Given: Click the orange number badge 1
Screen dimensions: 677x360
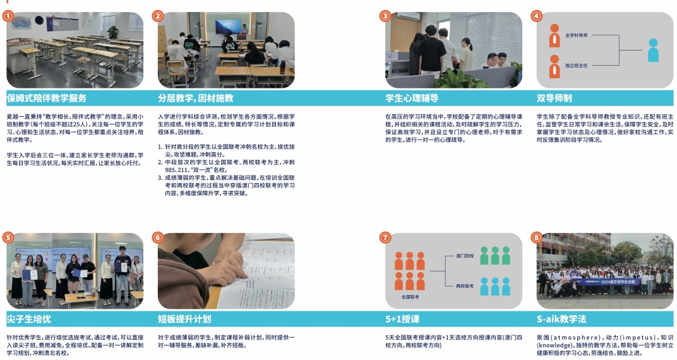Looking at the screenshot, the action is [x=8, y=16].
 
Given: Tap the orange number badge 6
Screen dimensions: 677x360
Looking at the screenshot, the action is [x=158, y=237].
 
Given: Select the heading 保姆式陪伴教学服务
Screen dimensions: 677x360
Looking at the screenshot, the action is [x=46, y=98].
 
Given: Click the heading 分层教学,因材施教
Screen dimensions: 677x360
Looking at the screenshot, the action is [x=196, y=98].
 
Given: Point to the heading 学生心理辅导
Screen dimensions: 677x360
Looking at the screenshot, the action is [x=412, y=98].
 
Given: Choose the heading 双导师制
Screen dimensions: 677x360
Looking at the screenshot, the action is [x=554, y=98].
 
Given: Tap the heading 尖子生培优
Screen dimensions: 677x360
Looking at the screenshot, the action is [x=28, y=319].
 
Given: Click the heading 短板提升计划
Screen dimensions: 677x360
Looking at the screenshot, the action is [x=184, y=319].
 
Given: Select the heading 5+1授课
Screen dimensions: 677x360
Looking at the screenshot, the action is [x=402, y=319].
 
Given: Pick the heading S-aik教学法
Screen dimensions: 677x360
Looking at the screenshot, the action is [x=561, y=319].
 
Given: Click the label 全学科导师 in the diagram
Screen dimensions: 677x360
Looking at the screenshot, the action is [x=577, y=35].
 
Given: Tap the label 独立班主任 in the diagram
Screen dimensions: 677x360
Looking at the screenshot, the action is [x=577, y=66].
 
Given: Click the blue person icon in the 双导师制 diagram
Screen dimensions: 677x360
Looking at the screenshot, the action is [x=653, y=50].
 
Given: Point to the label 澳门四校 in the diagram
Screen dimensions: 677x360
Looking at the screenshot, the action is [x=465, y=256].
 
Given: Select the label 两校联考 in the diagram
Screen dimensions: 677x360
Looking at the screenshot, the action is [x=465, y=286].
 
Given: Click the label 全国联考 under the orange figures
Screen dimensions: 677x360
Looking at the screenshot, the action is [x=410, y=297].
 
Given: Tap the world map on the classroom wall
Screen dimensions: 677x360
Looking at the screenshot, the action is [x=21, y=23].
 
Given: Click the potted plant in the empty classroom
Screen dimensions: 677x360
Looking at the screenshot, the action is [x=113, y=32].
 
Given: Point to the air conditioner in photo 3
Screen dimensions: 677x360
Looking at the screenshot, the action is [x=407, y=16].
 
